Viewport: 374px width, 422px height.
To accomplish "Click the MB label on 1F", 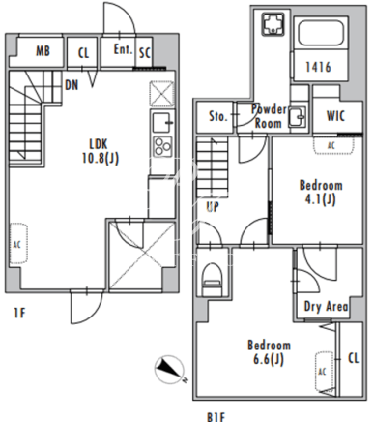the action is click(x=43, y=51).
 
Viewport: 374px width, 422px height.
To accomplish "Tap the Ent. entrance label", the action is click(x=123, y=49).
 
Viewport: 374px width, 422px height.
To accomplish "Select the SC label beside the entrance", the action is click(x=145, y=52).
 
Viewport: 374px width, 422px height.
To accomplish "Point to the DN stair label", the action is click(x=72, y=85).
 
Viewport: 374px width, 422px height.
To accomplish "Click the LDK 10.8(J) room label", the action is click(x=101, y=151).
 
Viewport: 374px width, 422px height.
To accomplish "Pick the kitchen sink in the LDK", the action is click(x=162, y=122).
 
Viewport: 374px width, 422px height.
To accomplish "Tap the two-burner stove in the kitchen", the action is click(x=162, y=146).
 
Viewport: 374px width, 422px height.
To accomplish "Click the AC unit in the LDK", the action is click(x=18, y=244).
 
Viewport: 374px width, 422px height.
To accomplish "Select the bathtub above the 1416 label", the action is click(x=321, y=34).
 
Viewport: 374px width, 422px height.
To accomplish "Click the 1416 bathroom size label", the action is click(x=318, y=67).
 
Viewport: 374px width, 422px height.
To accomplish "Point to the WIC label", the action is click(x=335, y=116).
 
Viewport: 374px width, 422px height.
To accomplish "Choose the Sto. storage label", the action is click(x=218, y=116).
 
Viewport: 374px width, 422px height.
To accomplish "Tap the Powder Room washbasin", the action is click(x=298, y=116).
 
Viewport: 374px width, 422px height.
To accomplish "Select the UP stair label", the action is click(x=213, y=206).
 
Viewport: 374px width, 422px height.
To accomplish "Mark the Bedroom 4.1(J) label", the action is click(x=321, y=193).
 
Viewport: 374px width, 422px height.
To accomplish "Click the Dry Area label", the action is click(x=326, y=307).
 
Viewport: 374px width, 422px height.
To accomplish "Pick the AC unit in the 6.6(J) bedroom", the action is click(x=324, y=372).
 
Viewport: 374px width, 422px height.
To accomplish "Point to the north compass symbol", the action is click(x=169, y=370).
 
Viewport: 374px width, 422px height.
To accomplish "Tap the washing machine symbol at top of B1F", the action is click(x=273, y=24).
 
